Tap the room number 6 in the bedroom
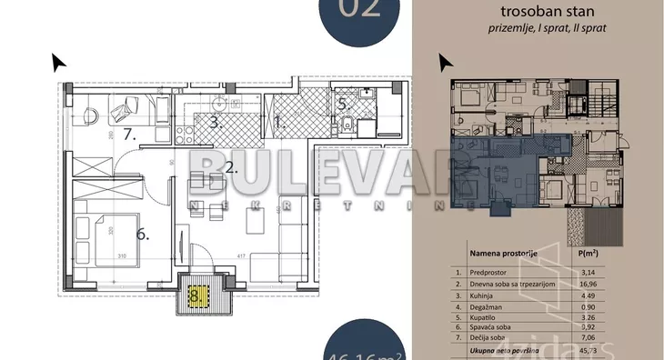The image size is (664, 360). click(142, 234)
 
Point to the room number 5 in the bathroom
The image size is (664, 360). click(342, 105)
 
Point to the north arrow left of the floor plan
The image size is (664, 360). click(58, 62)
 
